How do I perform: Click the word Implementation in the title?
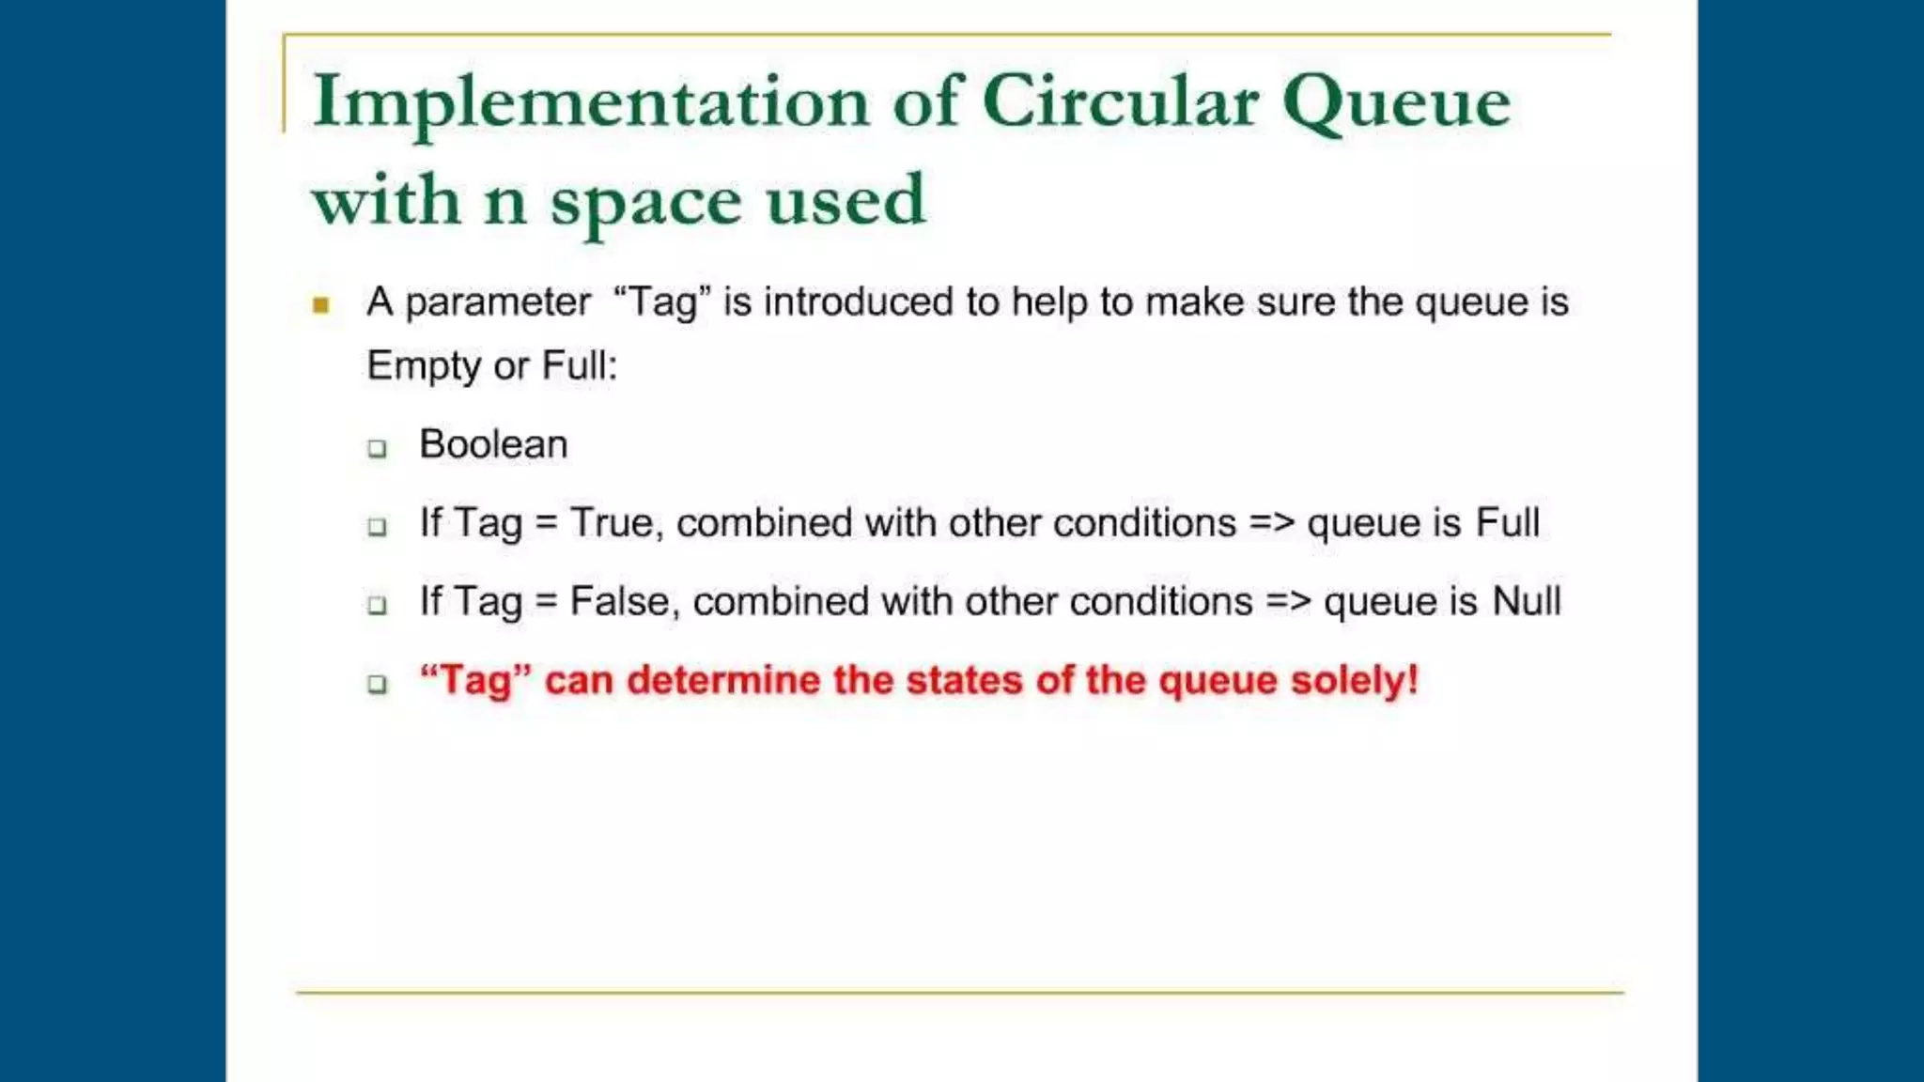tap(591, 101)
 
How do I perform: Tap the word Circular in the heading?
tap(1120, 101)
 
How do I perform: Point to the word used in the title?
tap(846, 200)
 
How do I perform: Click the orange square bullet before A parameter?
tap(321, 305)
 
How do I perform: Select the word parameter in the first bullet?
tap(497, 303)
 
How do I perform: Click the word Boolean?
tap(493, 444)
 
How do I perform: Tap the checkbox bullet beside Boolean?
tap(378, 449)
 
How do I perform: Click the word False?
tap(619, 602)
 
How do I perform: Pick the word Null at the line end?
tap(1527, 601)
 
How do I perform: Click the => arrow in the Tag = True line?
tap(1272, 523)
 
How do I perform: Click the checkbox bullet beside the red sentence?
tap(378, 685)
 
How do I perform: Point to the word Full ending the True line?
tap(1507, 523)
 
